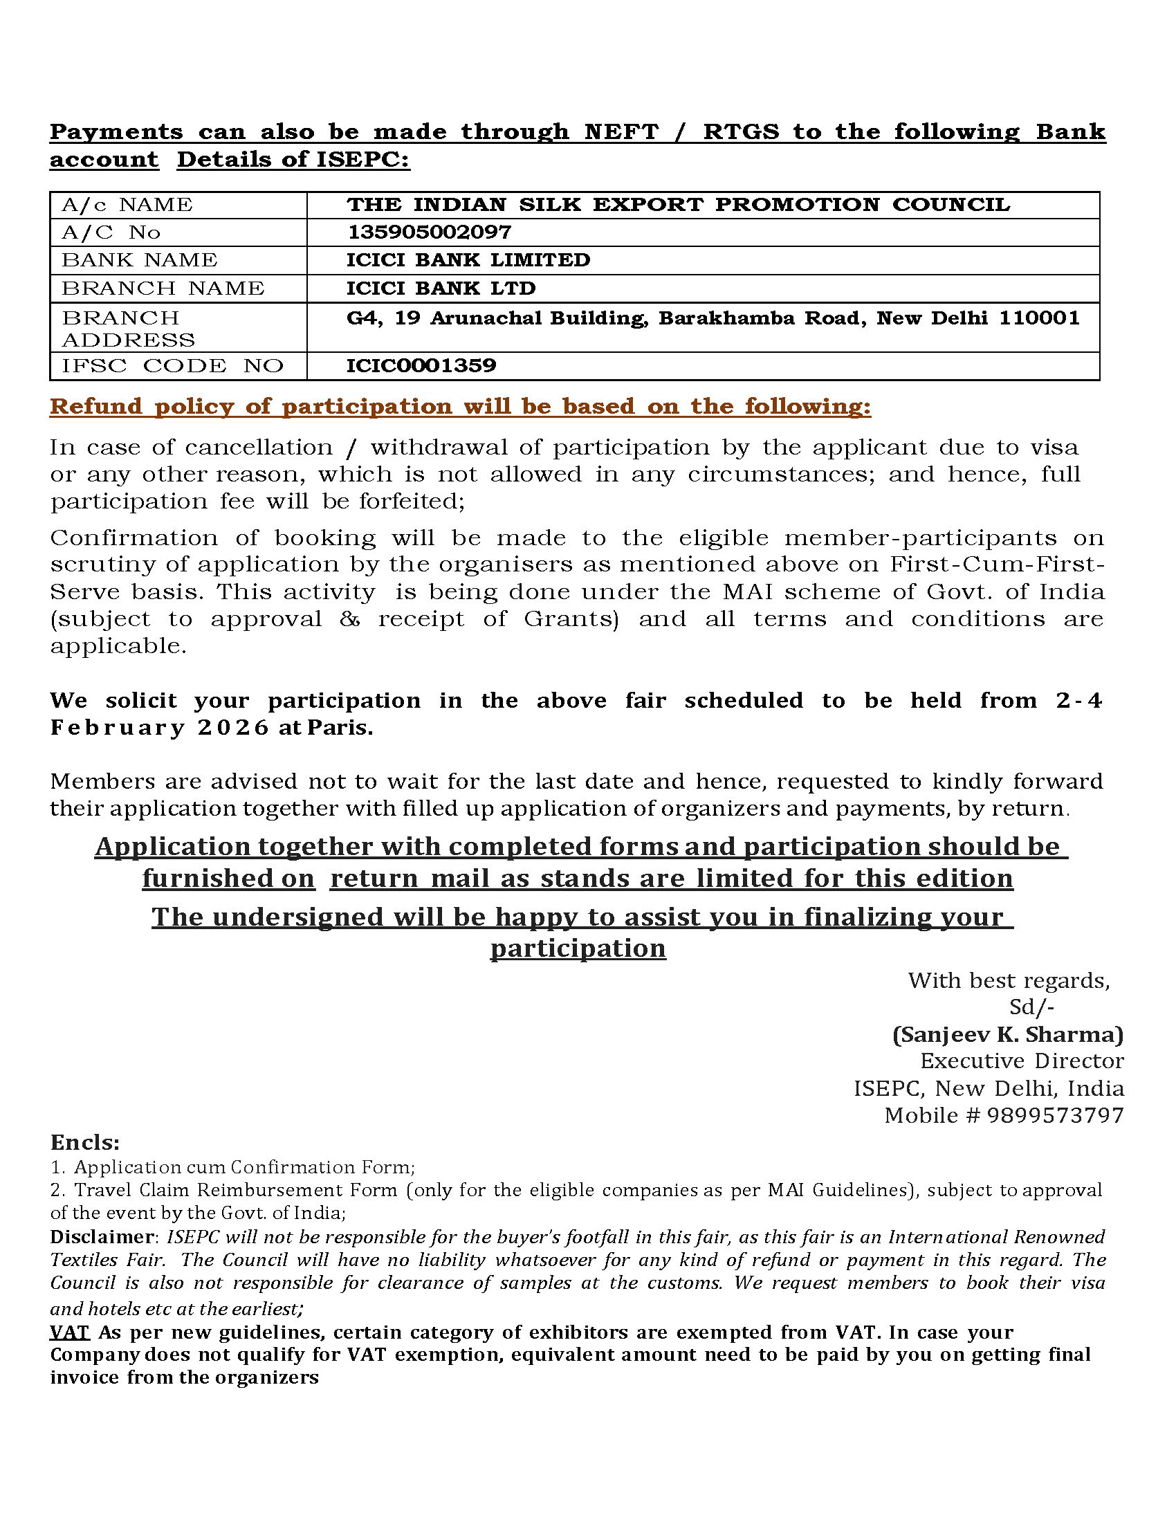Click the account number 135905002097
(428, 232)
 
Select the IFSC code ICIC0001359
(421, 365)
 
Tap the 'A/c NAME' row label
(127, 205)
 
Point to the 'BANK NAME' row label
(139, 260)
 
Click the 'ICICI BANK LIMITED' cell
(468, 260)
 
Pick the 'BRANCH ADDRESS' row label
(128, 328)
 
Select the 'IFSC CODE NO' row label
(172, 366)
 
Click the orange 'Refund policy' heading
(460, 406)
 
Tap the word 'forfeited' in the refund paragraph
(411, 502)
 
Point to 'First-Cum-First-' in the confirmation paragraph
(997, 564)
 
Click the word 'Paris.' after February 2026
(340, 728)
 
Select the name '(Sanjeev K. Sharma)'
(1007, 1034)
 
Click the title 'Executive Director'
(1021, 1061)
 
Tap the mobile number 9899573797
(1056, 1115)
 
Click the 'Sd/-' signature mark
(1031, 1007)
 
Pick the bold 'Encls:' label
(85, 1142)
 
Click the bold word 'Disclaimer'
(102, 1236)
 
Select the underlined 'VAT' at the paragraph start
(70, 1332)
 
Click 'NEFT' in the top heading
(621, 131)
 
